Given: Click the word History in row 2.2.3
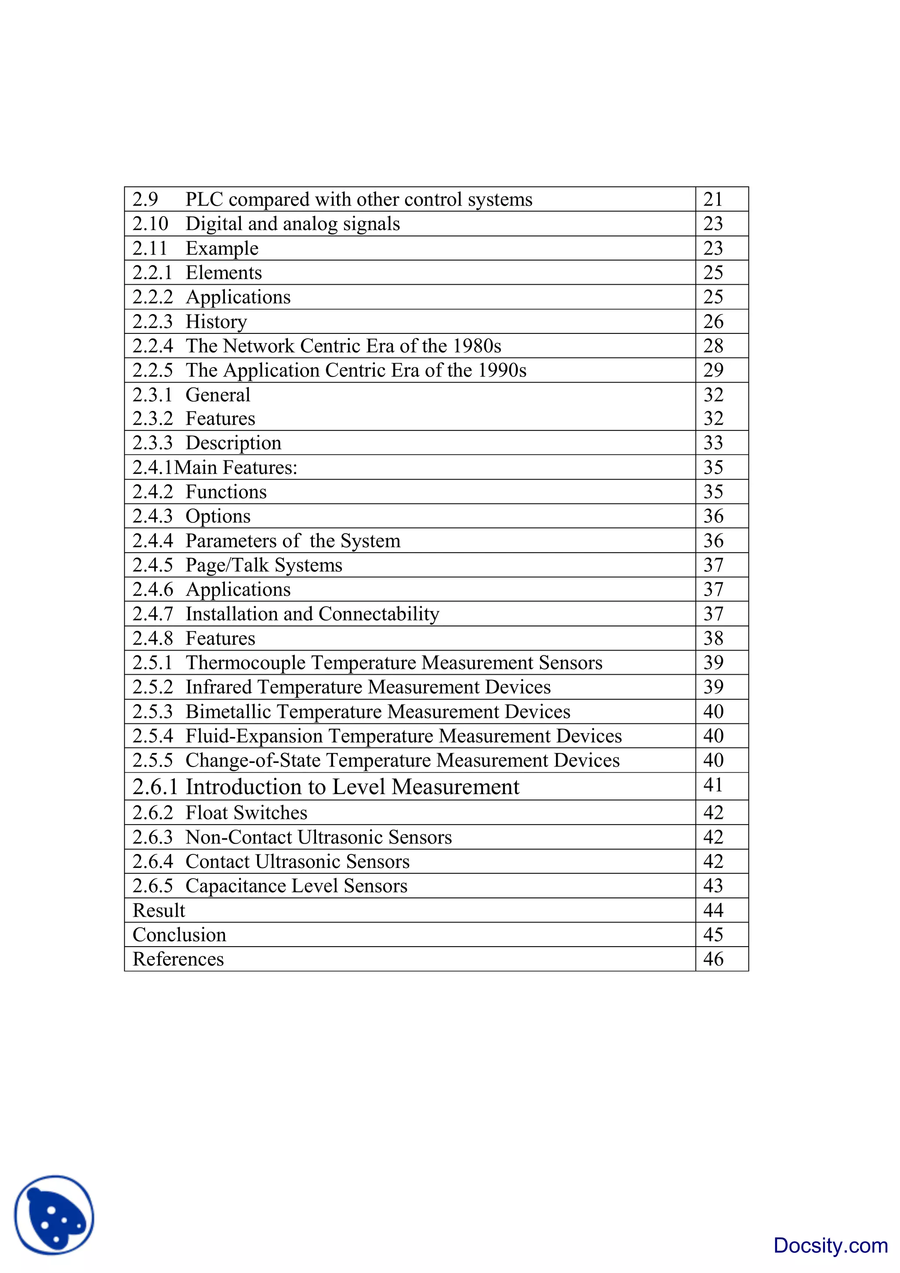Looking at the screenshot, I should [216, 322].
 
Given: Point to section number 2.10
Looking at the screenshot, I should [150, 224].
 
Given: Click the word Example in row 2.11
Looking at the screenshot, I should [222, 248].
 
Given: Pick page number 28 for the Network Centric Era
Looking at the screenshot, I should [713, 346].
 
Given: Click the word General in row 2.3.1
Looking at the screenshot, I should [218, 395].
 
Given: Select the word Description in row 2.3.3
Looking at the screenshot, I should [233, 443].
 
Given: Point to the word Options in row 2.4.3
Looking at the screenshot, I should [218, 516].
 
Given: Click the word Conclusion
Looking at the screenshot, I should [179, 935].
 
